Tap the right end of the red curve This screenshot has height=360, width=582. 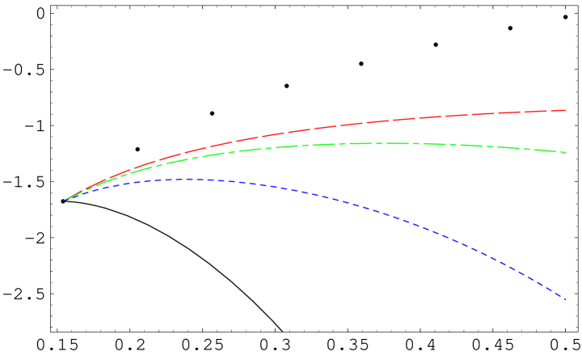pos(566,110)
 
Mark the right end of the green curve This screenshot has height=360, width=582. pos(566,152)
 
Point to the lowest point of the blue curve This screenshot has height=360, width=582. pos(566,299)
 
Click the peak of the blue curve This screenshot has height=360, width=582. pos(188,179)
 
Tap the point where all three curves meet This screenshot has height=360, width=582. pos(65,200)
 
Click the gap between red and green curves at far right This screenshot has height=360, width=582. pos(564,131)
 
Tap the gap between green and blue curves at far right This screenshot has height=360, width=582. pos(564,226)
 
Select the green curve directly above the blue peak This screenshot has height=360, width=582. pos(188,156)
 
